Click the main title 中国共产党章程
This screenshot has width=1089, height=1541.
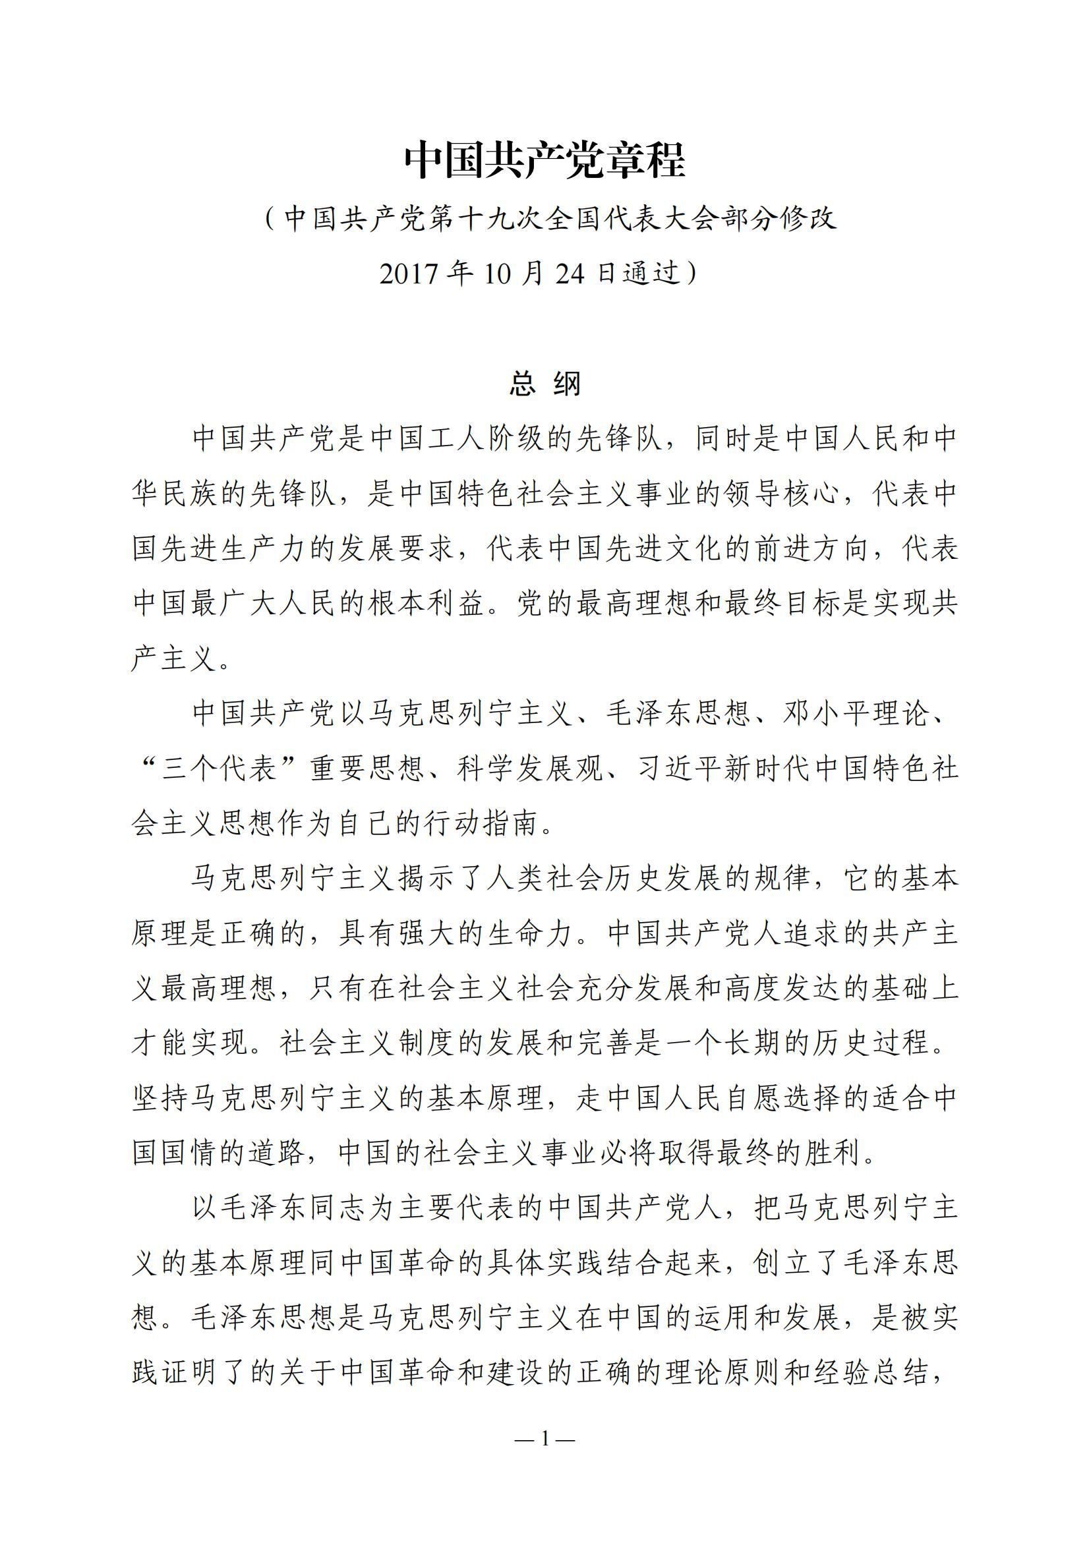(x=544, y=160)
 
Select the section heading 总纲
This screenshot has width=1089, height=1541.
(x=544, y=384)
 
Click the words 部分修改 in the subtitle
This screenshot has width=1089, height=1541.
(x=779, y=219)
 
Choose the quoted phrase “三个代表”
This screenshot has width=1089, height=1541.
(x=221, y=769)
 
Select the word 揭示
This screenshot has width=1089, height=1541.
(x=427, y=879)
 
